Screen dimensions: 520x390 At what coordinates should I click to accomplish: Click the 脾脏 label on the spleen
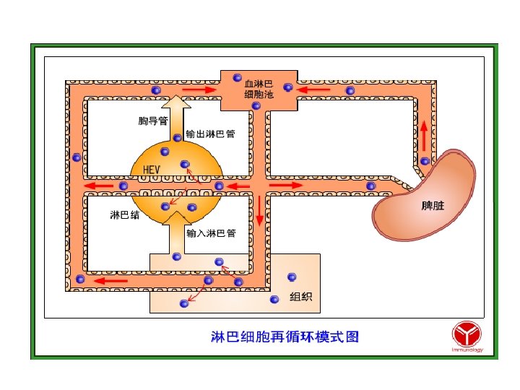(433, 206)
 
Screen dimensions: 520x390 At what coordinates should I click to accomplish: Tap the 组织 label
(301, 296)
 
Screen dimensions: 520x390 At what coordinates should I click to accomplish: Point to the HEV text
(151, 169)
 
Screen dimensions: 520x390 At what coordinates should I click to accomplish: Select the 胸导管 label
(153, 121)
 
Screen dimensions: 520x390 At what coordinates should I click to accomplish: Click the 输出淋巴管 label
(210, 134)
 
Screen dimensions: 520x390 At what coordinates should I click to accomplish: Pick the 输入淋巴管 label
(211, 233)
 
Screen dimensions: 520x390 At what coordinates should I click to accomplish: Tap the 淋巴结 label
(124, 216)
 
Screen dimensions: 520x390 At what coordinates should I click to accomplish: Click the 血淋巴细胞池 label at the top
(258, 90)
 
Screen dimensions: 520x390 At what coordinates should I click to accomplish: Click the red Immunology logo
(467, 337)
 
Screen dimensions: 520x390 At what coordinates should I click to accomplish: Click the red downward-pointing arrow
(259, 209)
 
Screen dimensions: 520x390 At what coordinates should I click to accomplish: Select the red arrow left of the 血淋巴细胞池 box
(199, 90)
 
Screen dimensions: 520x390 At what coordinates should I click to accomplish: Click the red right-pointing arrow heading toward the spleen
(287, 186)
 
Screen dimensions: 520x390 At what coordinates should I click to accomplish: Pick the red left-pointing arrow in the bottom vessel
(112, 280)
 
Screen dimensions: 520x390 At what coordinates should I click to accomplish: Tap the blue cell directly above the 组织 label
(292, 277)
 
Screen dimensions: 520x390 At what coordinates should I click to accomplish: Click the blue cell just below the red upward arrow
(425, 161)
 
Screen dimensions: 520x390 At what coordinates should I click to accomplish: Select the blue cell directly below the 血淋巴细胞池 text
(256, 106)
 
